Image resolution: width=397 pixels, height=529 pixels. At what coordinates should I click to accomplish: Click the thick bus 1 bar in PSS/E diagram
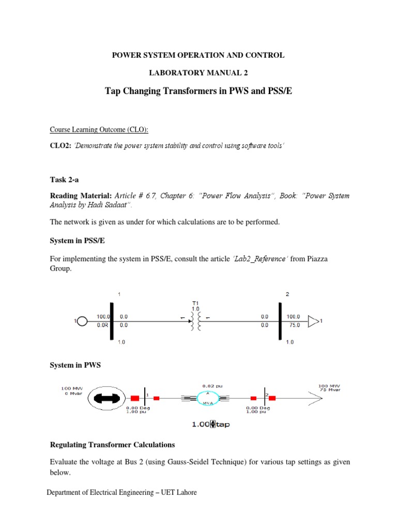pos(111,321)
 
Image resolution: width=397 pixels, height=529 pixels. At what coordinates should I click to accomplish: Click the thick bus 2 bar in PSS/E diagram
pos(280,321)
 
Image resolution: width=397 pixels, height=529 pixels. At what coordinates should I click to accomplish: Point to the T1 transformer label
pos(195,303)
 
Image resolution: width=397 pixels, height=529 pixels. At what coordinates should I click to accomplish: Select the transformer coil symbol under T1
pos(196,321)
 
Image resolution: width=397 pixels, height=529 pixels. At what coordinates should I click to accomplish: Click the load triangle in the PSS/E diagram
pos(313,321)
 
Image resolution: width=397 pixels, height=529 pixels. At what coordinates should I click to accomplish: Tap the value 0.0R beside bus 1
pos(103,325)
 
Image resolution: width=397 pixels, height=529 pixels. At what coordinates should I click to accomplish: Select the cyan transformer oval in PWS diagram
pos(208,398)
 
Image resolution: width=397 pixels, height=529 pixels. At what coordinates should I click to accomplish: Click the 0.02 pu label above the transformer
pos(209,385)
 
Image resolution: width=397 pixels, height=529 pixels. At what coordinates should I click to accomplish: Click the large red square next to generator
pos(135,398)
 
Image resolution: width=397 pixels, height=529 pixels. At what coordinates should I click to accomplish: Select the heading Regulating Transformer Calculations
pos(112,445)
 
